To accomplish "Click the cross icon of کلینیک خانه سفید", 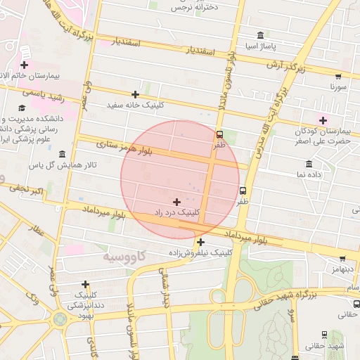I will (x=135, y=94).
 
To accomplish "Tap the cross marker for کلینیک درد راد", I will (x=176, y=202).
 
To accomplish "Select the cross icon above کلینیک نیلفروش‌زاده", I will (x=200, y=243).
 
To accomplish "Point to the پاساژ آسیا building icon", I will (x=261, y=36).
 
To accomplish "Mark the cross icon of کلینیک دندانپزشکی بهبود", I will (x=86, y=285).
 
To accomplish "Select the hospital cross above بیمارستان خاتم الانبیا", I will (x=25, y=65).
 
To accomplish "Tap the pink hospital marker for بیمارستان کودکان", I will (x=323, y=120).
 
